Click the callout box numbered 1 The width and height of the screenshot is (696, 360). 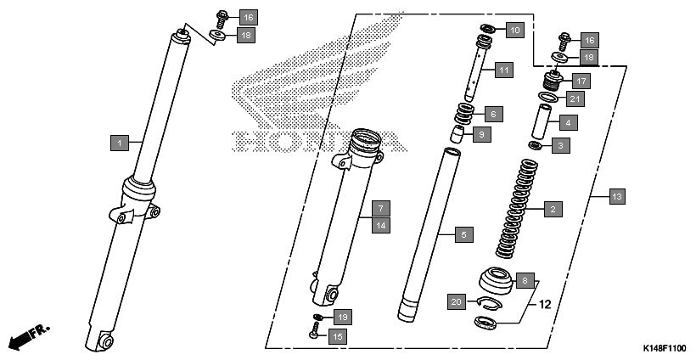(x=120, y=143)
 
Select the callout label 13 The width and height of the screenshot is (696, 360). (x=617, y=197)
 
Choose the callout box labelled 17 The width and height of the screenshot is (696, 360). (x=581, y=82)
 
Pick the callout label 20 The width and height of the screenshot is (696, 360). (x=457, y=301)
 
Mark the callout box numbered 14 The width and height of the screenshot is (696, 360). (x=381, y=225)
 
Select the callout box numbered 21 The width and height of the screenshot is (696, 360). (x=575, y=99)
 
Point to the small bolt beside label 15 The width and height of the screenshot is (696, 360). (x=315, y=335)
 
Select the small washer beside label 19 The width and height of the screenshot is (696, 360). (x=317, y=318)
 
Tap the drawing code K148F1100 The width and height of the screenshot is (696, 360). (x=665, y=349)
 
